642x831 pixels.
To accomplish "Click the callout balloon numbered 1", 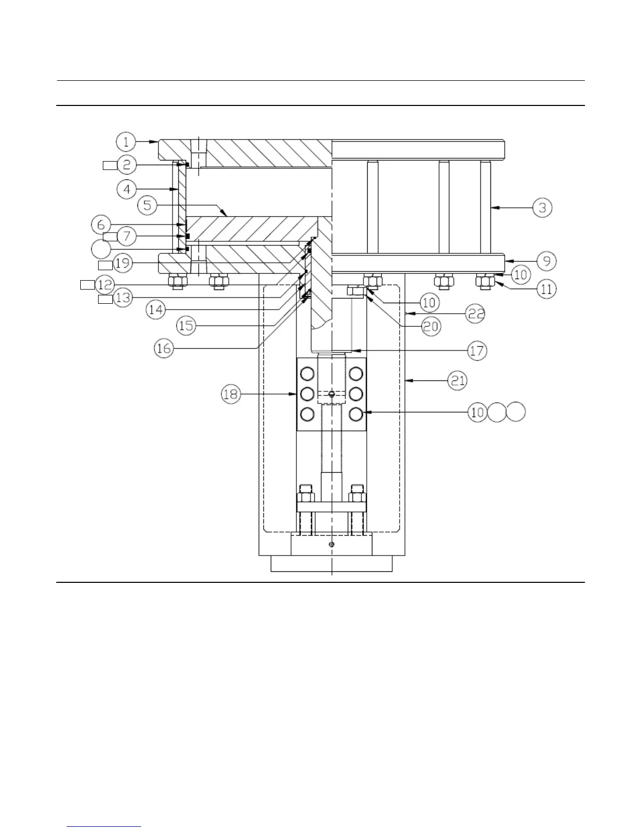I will coord(126,142).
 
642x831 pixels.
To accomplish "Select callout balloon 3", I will coord(542,208).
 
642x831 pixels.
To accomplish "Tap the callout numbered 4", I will coord(127,189).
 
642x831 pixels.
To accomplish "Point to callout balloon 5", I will coord(147,205).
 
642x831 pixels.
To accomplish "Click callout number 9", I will coord(546,261).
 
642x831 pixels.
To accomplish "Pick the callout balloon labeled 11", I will coord(546,289).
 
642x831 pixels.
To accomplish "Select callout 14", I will coord(156,310).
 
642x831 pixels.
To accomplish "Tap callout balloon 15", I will coord(186,326).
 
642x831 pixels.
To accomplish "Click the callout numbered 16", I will coord(164,348).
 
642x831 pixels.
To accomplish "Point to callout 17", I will coord(477,350).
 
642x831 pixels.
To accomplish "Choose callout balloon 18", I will coord(231,394).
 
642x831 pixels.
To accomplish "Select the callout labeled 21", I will coord(458,380).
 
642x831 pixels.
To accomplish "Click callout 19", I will coord(123,263).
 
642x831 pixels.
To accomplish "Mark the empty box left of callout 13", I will coord(105,300).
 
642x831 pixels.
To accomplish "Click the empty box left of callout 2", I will coord(109,166).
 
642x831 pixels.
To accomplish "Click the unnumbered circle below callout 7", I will coord(101,249).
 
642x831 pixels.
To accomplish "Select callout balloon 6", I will coord(101,225).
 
